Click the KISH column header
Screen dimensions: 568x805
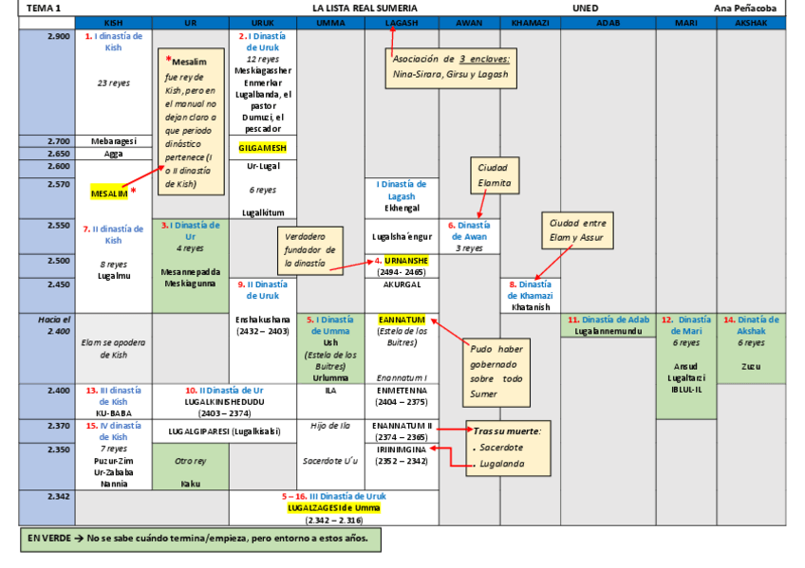[113, 22]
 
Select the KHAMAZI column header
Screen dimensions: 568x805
[530, 22]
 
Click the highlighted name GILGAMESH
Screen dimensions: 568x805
[262, 148]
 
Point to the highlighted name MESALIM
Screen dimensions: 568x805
[109, 192]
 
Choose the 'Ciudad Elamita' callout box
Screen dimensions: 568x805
[494, 174]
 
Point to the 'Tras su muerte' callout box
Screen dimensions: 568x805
[507, 448]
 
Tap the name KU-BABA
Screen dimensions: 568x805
[113, 412]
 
